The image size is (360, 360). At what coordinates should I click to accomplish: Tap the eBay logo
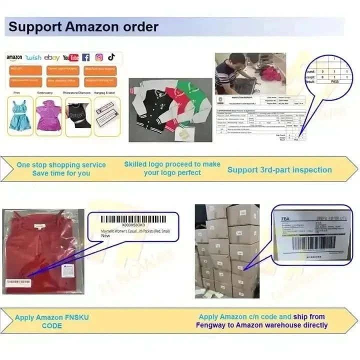51,58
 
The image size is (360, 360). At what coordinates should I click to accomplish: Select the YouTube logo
70,58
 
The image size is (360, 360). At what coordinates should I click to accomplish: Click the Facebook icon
86,57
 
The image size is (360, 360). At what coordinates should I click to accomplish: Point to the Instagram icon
99,57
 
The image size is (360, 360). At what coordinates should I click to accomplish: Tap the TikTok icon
111,57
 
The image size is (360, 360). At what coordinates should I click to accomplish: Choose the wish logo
33,58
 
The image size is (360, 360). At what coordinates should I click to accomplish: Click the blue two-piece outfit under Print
20,116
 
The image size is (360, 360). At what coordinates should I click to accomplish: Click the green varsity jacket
192,97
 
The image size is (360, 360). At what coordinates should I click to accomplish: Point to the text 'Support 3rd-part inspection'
279,170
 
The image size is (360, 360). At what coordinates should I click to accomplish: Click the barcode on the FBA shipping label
313,242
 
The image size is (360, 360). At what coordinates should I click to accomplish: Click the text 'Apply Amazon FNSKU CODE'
51,321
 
